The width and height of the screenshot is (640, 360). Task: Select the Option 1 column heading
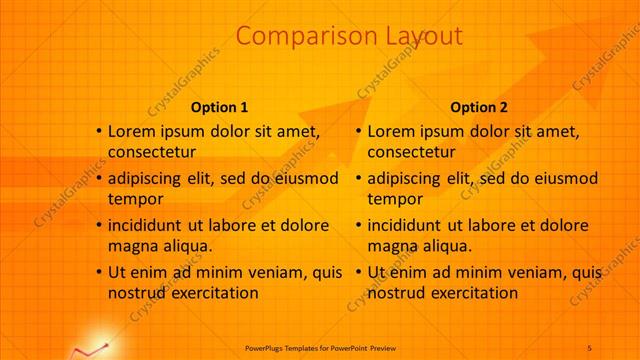coord(219,107)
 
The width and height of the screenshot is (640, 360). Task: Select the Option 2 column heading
coord(479,107)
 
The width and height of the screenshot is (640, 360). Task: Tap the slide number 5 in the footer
coord(590,347)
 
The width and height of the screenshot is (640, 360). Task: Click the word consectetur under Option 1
coord(152,152)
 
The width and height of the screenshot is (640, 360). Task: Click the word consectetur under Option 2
coord(412,152)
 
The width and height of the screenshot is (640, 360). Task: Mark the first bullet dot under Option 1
coord(98,131)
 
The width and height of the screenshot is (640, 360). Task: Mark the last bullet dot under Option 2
coord(358,272)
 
